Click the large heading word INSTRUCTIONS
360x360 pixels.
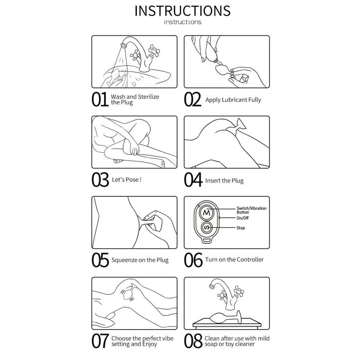pyautogui.click(x=183, y=11)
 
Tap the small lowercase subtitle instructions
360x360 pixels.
pyautogui.click(x=183, y=22)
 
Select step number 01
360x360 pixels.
pyautogui.click(x=100, y=99)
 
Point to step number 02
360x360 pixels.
pyautogui.click(x=192, y=99)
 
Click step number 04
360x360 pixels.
pyautogui.click(x=193, y=180)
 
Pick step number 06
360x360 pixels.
pyautogui.click(x=193, y=260)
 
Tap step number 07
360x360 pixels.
pyautogui.click(x=100, y=341)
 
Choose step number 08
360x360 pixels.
pyautogui.click(x=193, y=341)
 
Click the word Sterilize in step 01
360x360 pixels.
pyautogui.click(x=148, y=97)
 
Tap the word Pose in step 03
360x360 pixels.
pyautogui.click(x=133, y=179)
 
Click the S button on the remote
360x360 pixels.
pyautogui.click(x=207, y=228)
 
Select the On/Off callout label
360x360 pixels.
pyautogui.click(x=242, y=218)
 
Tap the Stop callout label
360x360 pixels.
pyautogui.click(x=241, y=228)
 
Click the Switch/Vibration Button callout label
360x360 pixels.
pyautogui.click(x=251, y=210)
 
